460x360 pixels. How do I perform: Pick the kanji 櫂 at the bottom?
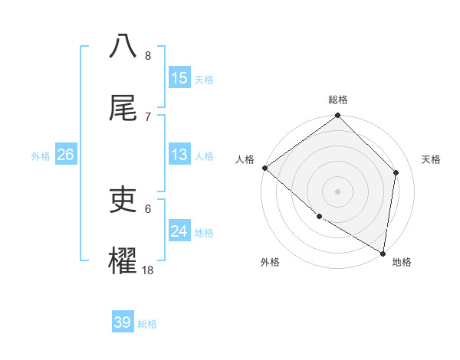coord(123,261)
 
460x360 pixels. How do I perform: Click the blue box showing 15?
coord(179,78)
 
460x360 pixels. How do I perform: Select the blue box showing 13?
coord(179,155)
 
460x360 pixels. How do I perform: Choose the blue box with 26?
coord(65,155)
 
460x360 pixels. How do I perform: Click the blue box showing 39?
coord(123,322)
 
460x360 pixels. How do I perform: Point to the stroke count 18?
coord(148,270)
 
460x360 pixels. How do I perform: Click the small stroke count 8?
coord(148,55)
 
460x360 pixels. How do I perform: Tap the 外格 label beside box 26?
coord(41,156)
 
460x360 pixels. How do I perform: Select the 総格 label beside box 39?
coord(147,323)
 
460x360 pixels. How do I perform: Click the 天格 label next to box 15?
coord(203,79)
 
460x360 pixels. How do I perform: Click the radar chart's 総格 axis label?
coord(338,100)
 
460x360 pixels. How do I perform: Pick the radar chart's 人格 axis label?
coord(245,159)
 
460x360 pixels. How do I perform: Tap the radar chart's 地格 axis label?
coord(402,262)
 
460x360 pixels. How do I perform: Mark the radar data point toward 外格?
coord(319,216)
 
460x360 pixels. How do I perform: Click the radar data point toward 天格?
coord(396,172)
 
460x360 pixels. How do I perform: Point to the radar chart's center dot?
coord(338,191)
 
